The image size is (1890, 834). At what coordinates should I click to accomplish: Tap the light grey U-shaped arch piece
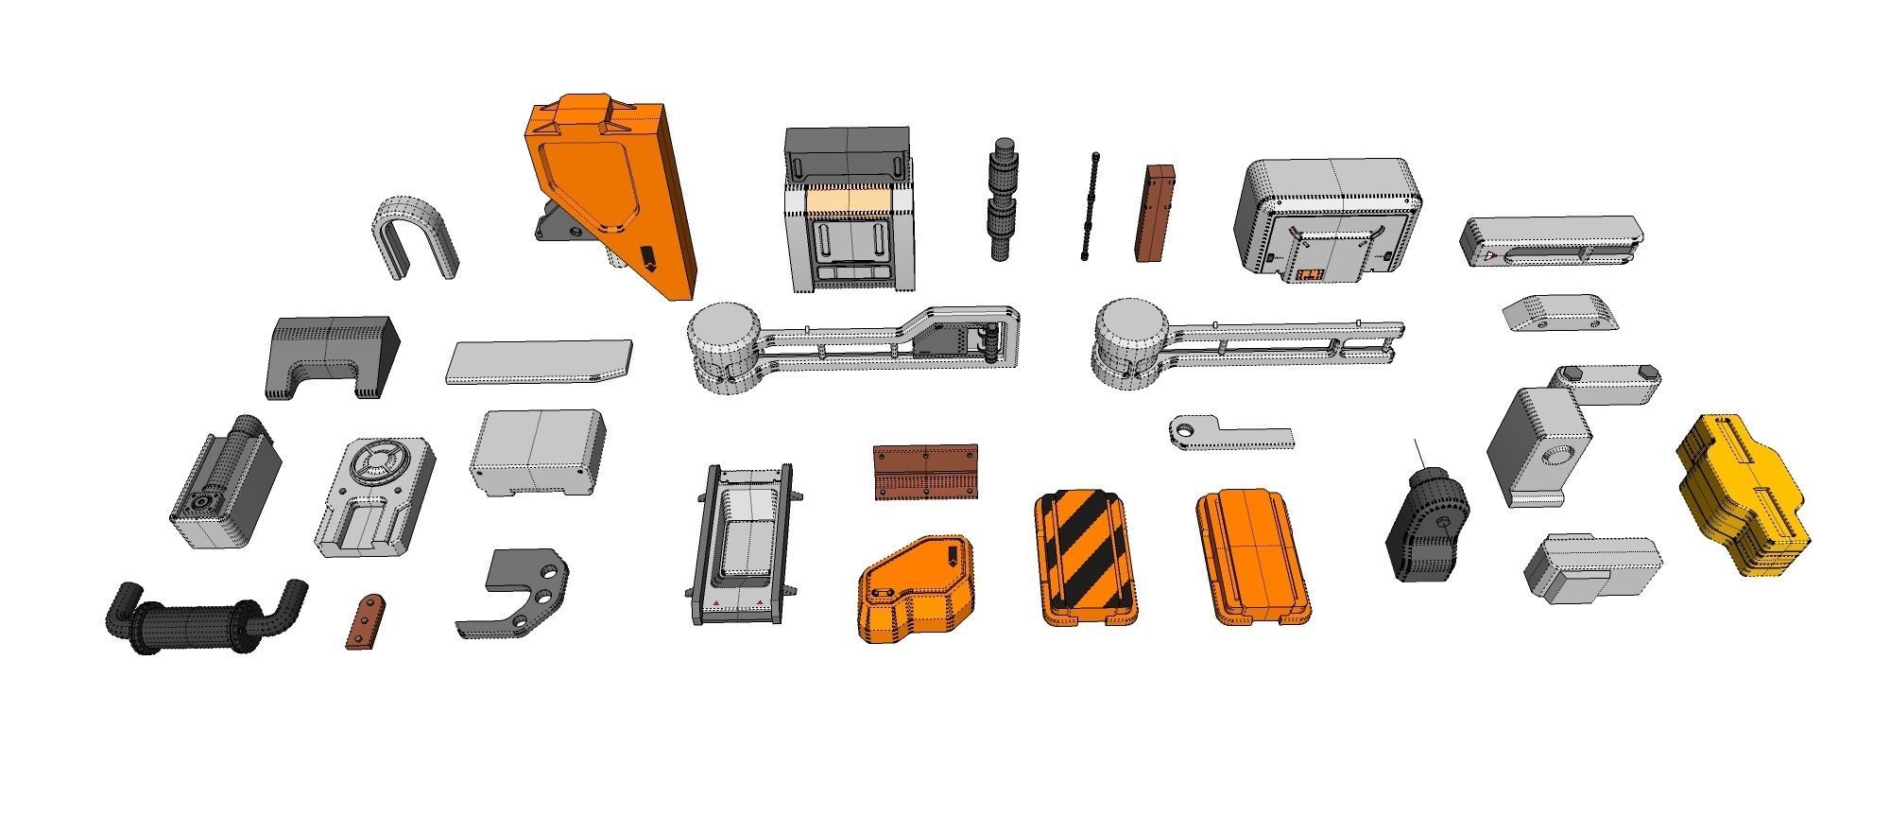click(413, 237)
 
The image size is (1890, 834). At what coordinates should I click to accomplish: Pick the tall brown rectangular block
click(1156, 213)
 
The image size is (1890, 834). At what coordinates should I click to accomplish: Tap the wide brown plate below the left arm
click(925, 471)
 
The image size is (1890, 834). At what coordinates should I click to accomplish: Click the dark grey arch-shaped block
click(331, 356)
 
